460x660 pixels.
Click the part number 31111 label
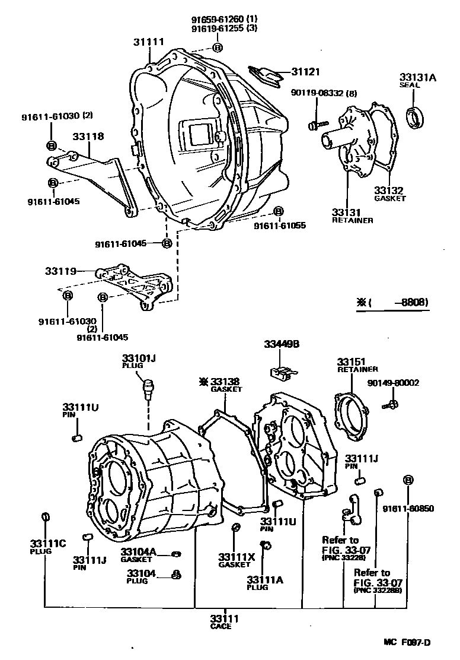click(x=148, y=42)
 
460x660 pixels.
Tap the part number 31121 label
click(x=305, y=72)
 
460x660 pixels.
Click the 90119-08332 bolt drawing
click(x=314, y=125)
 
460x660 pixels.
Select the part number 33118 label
click(x=88, y=137)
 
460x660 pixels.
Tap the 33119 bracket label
click(x=60, y=271)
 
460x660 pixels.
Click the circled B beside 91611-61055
click(x=278, y=212)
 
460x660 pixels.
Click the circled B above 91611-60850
click(x=408, y=480)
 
